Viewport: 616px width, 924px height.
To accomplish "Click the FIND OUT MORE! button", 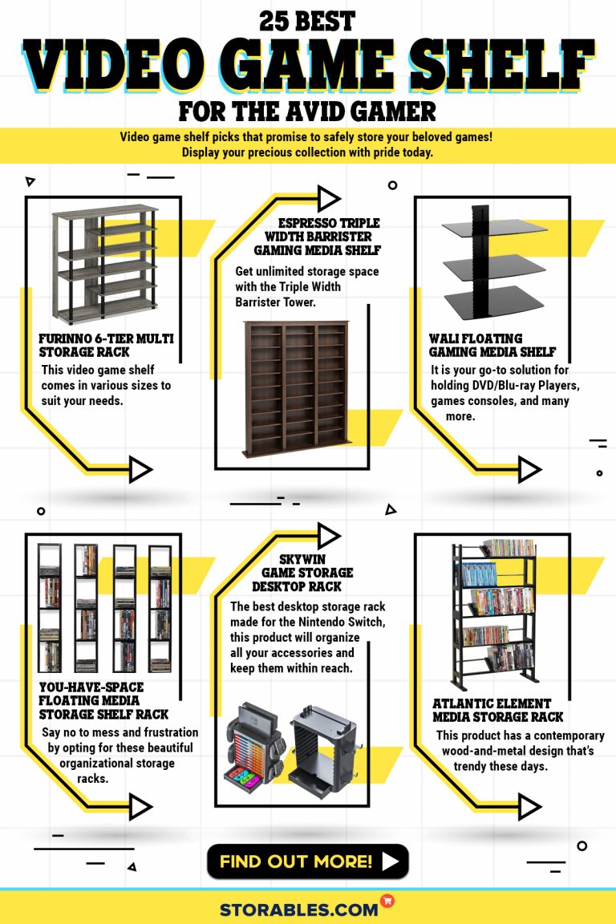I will pyautogui.click(x=307, y=861).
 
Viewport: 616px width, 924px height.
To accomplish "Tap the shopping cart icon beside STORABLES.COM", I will pyautogui.click(x=388, y=902).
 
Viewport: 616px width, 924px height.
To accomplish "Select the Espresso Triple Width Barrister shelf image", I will pyautogui.click(x=295, y=391).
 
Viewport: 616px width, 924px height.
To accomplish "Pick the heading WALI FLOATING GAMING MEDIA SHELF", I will pyautogui.click(x=492, y=346).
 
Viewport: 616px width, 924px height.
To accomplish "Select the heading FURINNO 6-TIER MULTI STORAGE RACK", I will pyautogui.click(x=106, y=346).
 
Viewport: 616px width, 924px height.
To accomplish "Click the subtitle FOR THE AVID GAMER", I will pyautogui.click(x=307, y=110).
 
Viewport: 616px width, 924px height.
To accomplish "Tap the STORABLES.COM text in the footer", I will pyautogui.click(x=298, y=909).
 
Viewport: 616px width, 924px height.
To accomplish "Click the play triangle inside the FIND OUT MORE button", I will pyautogui.click(x=390, y=862).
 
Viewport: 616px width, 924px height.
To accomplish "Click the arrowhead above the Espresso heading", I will pyautogui.click(x=329, y=198).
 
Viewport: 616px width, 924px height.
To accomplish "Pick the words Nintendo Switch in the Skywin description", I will pyautogui.click(x=343, y=622).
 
